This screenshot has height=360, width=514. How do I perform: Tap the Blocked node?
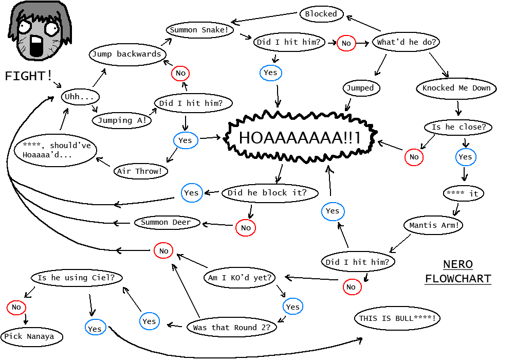[x=321, y=14]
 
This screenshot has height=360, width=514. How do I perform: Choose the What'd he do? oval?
[x=406, y=42]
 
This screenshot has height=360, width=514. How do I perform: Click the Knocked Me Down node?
[x=456, y=88]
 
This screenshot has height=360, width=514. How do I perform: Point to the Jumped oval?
[x=360, y=88]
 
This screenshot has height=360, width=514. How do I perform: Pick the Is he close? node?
[x=458, y=127]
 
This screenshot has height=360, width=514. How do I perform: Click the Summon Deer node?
[x=166, y=223]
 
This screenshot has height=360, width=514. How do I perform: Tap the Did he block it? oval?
[x=270, y=193]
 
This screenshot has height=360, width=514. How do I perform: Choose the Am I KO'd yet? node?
[x=240, y=278]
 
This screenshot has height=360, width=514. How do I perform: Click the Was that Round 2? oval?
[x=231, y=327]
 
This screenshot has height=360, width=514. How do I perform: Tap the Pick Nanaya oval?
[x=32, y=337]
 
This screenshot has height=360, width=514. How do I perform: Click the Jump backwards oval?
[x=126, y=54]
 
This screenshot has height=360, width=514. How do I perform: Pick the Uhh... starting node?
[x=80, y=96]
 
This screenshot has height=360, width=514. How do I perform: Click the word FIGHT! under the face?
[x=28, y=76]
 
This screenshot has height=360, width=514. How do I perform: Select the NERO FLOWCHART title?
[x=457, y=272]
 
